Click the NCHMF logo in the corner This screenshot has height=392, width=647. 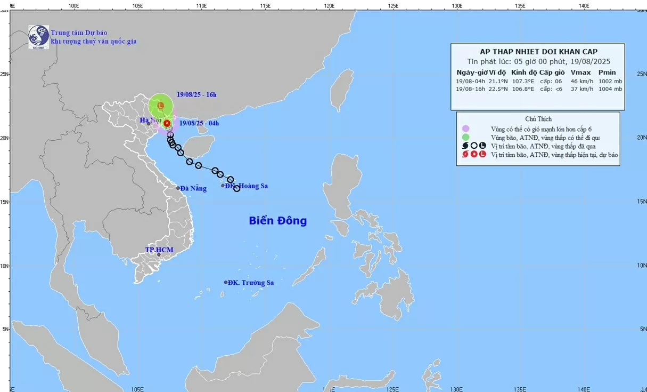38,37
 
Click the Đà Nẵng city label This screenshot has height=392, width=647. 193,188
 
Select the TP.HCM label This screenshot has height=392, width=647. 159,250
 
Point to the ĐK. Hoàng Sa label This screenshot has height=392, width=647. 245,186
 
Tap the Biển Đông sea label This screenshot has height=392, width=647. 277,220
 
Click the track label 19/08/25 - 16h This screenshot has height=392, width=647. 196,95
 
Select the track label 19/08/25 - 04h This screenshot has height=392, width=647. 199,123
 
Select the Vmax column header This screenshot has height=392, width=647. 579,73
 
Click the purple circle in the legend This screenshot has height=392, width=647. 465,129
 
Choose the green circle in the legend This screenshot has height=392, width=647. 465,137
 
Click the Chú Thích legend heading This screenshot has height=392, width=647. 537,119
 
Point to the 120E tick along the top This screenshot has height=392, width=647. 329,6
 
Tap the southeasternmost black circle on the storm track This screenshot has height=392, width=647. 236,188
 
